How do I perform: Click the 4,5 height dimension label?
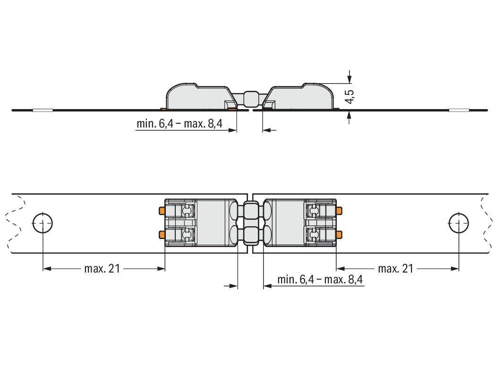click(x=350, y=96)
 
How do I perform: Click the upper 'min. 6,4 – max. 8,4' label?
click(x=179, y=123)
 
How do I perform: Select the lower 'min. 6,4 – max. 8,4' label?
click(x=320, y=279)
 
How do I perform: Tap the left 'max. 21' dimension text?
click(x=102, y=268)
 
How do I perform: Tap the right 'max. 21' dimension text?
click(x=395, y=268)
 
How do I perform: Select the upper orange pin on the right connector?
click(x=339, y=211)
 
